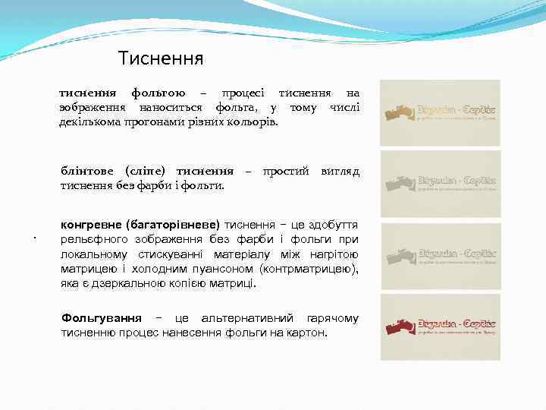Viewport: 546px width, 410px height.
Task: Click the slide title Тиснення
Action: [161, 58]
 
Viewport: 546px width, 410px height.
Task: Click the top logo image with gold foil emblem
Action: [440, 113]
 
